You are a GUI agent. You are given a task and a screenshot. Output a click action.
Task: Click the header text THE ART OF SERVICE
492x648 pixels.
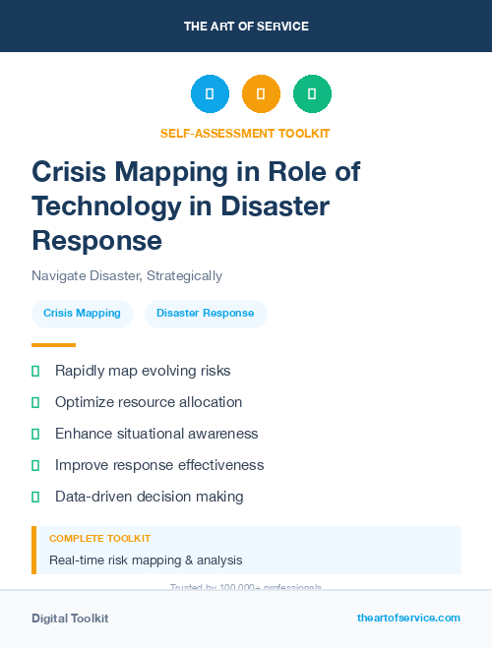(246, 26)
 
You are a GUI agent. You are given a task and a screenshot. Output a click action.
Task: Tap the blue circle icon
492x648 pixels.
(210, 94)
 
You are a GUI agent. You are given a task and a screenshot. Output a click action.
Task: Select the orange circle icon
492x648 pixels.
(261, 94)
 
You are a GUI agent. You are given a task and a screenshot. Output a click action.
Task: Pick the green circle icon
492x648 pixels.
(312, 94)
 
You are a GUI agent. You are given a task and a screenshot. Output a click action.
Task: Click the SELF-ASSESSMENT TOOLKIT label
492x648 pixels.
(245, 133)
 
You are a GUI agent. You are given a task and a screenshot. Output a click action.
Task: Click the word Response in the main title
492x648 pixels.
(96, 239)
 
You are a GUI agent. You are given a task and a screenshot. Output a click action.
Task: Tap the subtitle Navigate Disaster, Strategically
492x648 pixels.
(127, 276)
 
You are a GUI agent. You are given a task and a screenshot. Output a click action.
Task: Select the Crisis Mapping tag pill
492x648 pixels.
(82, 314)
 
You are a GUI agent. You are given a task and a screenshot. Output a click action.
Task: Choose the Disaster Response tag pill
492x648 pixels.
(205, 314)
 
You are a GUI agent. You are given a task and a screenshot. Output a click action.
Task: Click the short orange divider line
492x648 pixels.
(53, 345)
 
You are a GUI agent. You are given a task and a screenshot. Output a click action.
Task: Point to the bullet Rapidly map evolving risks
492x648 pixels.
(142, 371)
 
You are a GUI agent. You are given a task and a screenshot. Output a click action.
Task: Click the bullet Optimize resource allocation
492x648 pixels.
(148, 402)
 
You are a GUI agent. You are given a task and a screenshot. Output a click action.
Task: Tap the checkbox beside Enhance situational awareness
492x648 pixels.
(35, 434)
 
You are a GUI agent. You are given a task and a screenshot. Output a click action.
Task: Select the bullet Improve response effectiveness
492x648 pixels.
(158, 465)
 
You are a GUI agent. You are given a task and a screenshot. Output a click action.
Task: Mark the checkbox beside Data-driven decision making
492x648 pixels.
(35, 497)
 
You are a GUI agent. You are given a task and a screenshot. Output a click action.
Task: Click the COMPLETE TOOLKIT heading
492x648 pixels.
(99, 539)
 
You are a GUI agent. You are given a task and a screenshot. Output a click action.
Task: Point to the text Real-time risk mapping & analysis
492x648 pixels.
(146, 560)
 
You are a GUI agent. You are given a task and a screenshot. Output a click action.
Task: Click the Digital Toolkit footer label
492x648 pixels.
(70, 619)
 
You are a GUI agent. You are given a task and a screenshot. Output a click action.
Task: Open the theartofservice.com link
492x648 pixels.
(408, 618)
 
